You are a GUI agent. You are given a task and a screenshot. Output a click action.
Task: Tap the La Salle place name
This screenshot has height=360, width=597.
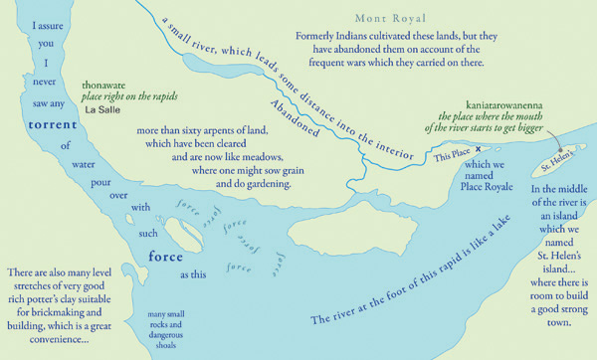102,110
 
